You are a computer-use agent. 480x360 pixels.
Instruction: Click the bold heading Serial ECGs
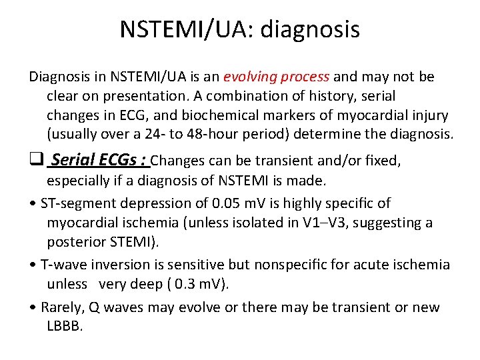pyautogui.click(x=99, y=160)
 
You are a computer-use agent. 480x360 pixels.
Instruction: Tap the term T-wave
pyautogui.click(x=62, y=264)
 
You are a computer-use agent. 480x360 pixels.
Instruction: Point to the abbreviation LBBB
pyautogui.click(x=65, y=326)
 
